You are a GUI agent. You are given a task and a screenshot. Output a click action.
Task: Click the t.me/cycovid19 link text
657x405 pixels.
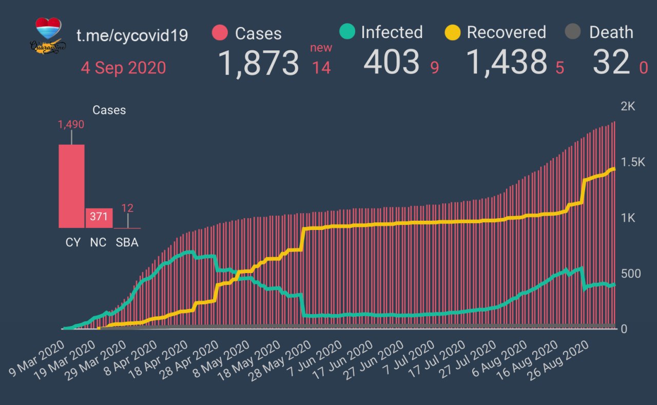(x=132, y=35)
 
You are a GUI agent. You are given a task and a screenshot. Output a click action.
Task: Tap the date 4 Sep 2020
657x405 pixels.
(x=123, y=68)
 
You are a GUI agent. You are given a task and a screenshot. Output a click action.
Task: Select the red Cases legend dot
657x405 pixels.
(x=220, y=33)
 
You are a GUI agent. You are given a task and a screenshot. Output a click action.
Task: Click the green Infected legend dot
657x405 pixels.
(x=347, y=32)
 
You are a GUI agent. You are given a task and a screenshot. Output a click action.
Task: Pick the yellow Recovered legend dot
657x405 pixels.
(x=453, y=32)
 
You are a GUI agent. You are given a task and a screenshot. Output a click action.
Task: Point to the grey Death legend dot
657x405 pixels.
(x=573, y=32)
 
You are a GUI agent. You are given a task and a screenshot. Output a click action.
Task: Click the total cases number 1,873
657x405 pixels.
(x=259, y=63)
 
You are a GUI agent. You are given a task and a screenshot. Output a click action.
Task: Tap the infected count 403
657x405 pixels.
(x=392, y=62)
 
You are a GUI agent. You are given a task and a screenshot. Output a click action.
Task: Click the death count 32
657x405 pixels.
(x=610, y=63)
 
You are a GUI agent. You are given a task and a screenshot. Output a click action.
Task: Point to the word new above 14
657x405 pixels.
(x=321, y=48)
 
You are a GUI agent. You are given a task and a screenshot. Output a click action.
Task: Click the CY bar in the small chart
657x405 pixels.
(x=72, y=186)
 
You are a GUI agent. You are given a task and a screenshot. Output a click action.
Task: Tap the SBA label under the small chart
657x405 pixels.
(x=127, y=242)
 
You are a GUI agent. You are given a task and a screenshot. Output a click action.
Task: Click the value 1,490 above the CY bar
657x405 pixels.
(x=71, y=124)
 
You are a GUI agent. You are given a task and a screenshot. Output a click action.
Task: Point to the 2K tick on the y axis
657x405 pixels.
(x=628, y=107)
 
